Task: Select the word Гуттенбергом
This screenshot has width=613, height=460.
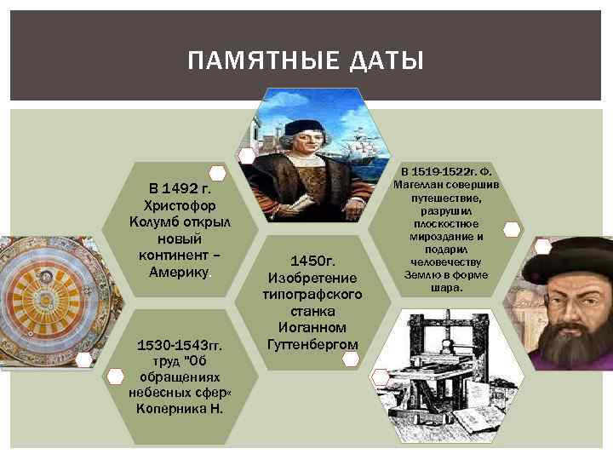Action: (x=312, y=343)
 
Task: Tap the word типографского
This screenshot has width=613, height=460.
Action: (x=313, y=294)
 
